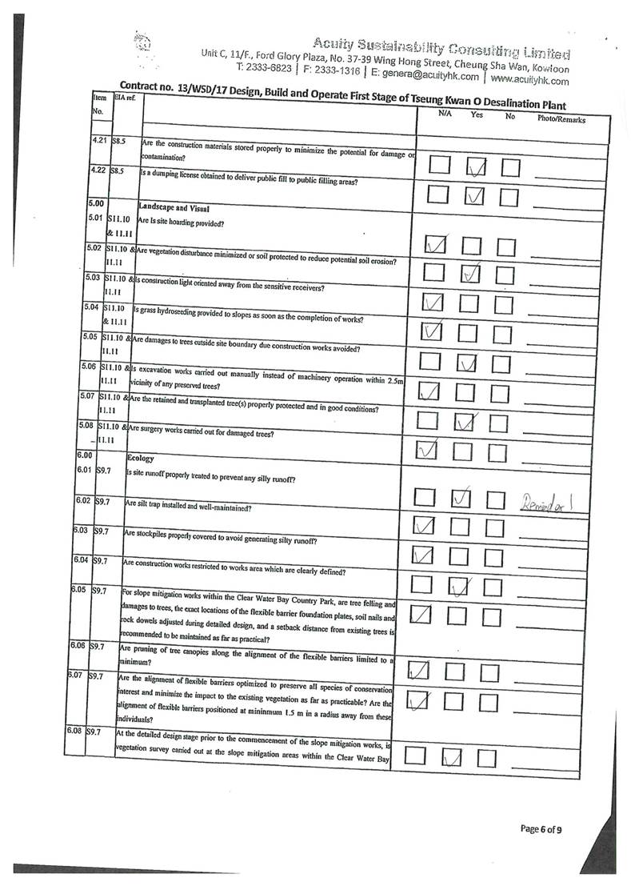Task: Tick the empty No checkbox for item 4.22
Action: [509, 196]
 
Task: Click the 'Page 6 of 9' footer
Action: [540, 828]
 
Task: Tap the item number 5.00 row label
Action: [97, 204]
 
